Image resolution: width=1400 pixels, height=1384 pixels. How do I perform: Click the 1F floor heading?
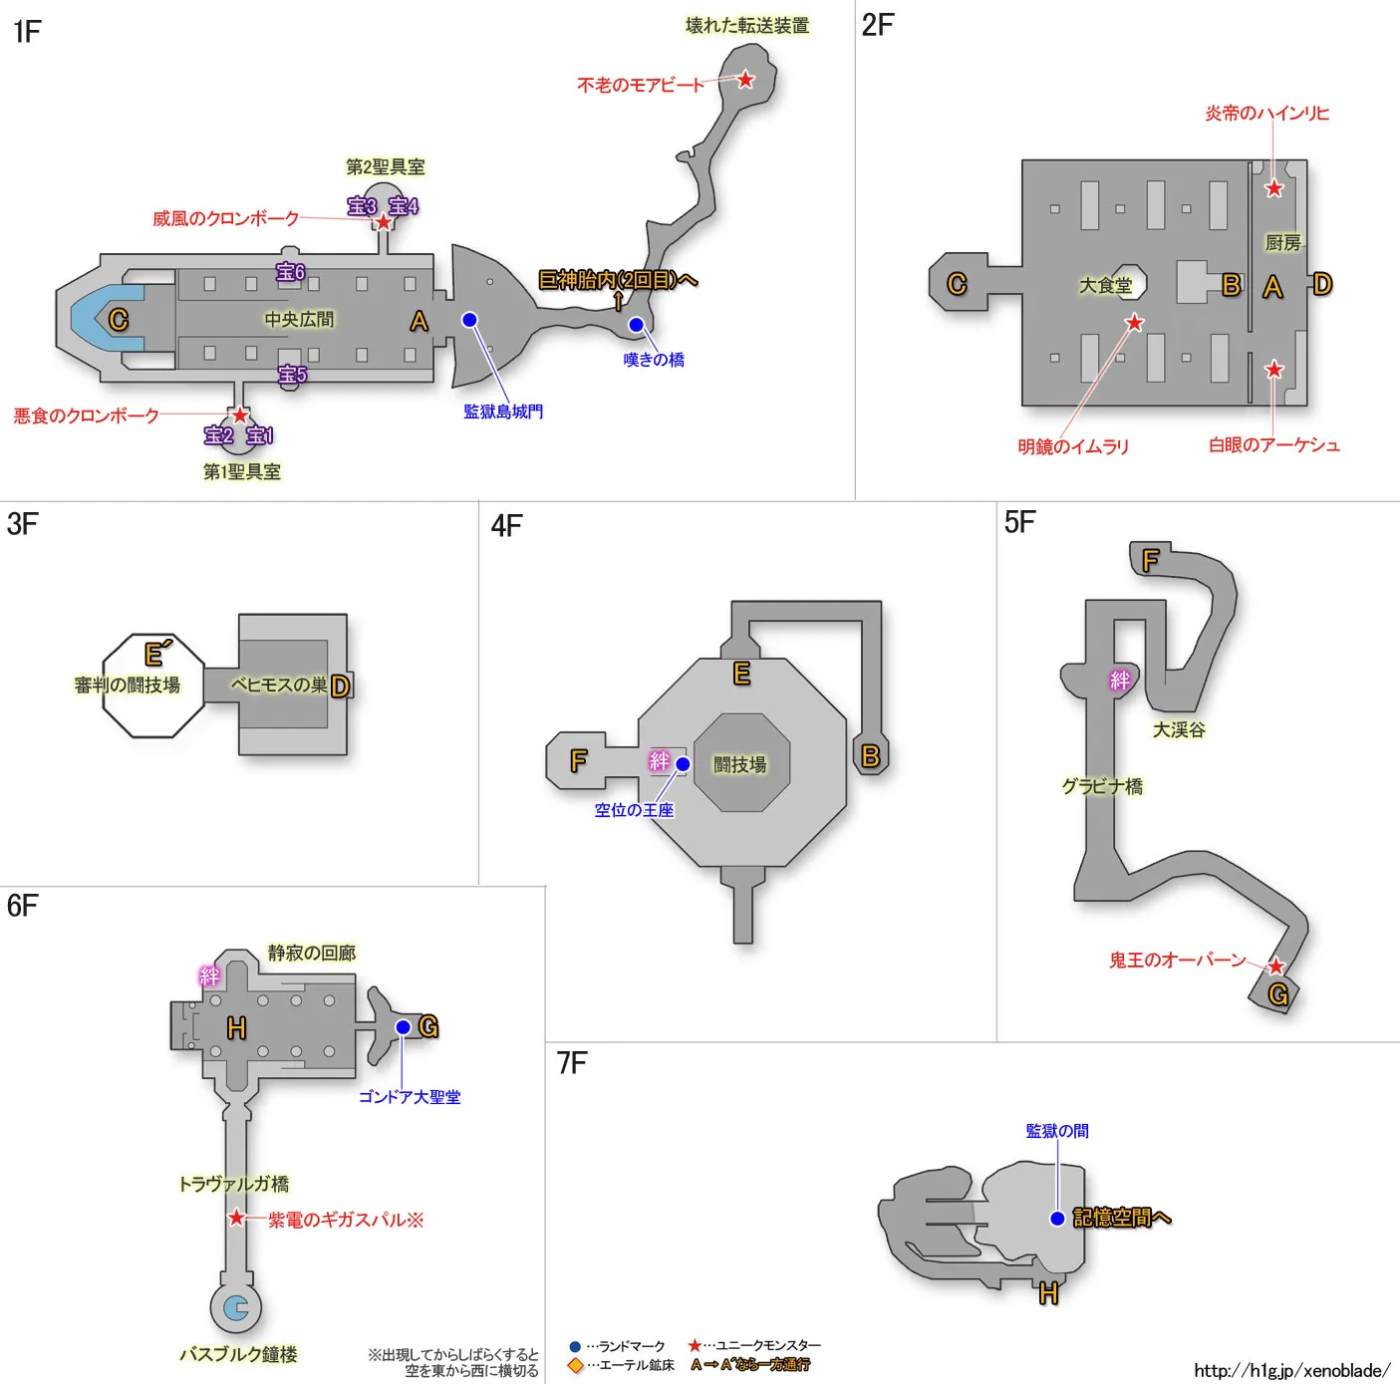click(27, 32)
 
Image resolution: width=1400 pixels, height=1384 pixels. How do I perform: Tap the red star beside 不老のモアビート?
click(745, 80)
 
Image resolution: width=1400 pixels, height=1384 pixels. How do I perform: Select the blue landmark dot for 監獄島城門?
click(469, 320)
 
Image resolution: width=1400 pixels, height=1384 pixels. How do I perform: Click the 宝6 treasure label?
click(291, 272)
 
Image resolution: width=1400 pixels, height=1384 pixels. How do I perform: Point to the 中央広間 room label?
click(299, 319)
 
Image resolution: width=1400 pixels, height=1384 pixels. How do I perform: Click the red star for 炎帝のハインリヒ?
click(1273, 188)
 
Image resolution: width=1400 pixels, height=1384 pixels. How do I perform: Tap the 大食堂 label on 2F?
click(1106, 286)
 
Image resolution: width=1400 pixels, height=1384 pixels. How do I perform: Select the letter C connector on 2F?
click(957, 284)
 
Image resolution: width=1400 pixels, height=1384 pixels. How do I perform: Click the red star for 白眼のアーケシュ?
click(1273, 370)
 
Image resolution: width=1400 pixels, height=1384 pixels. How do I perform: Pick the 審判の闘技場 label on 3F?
click(128, 686)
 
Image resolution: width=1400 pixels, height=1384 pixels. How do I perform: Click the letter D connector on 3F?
click(340, 686)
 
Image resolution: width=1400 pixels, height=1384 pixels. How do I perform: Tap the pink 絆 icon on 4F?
click(660, 761)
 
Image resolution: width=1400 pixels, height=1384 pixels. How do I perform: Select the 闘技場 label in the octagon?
click(740, 764)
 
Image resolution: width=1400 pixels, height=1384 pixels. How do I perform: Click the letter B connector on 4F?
click(870, 756)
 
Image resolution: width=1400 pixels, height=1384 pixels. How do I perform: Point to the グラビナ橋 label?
click(1102, 786)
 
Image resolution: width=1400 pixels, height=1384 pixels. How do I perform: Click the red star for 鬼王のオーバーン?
click(1275, 966)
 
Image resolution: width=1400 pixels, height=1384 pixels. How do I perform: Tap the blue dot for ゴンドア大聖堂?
click(403, 1027)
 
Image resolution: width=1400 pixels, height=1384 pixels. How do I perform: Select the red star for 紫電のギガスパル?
click(236, 1218)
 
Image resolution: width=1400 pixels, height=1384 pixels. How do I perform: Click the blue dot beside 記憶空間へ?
click(1057, 1218)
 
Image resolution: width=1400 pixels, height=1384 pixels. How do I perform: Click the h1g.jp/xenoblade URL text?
click(1291, 1370)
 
